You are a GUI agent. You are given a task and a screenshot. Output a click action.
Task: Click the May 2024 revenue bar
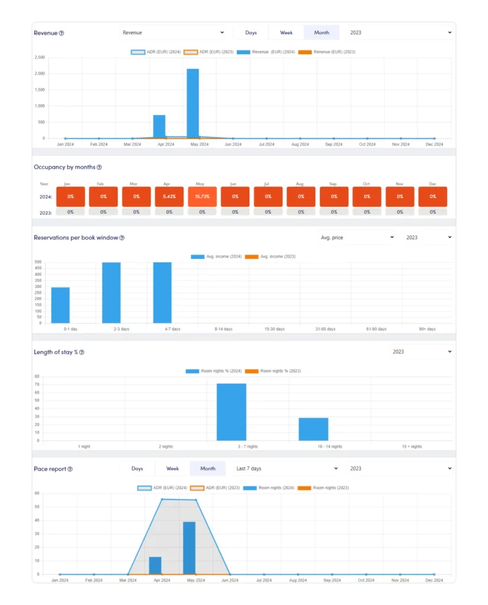pos(193,103)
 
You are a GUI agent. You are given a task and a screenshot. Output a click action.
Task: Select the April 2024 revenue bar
pos(159,126)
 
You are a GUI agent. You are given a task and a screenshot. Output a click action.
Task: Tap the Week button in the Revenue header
pos(287,32)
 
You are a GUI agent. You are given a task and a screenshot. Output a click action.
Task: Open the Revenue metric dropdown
pos(173,32)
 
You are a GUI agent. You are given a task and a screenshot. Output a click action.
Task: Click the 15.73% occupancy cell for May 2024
pos(202,196)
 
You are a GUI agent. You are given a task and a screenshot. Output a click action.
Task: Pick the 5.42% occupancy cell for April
pos(169,196)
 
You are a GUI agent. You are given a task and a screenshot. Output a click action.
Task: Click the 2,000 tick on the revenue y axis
pos(40,74)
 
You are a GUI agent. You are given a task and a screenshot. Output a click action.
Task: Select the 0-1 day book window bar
pos(60,305)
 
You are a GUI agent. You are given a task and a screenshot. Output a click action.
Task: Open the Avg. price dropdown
pos(357,238)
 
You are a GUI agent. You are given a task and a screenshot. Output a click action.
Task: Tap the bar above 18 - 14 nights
pos(313,429)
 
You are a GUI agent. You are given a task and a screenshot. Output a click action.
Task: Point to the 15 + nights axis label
pos(412,447)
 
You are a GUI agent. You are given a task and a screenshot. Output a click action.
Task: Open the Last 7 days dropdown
pos(287,469)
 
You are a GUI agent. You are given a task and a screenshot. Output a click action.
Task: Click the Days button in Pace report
pos(137,469)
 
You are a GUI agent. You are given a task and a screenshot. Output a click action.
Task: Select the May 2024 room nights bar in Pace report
pos(189,548)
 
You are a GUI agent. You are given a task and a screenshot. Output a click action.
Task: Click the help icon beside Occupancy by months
pos(99,168)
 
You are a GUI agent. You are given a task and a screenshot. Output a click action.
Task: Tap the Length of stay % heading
pos(56,352)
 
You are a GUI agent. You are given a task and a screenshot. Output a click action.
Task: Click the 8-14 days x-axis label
pos(223,329)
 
